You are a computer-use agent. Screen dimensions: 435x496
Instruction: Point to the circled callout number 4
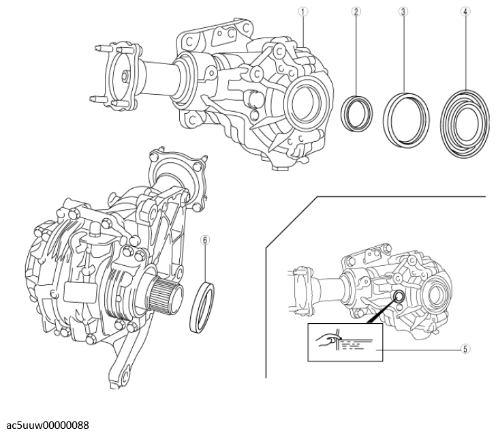tap(465, 12)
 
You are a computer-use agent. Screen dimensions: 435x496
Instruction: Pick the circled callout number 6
tap(204, 239)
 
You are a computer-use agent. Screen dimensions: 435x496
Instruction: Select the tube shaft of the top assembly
tap(159, 70)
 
